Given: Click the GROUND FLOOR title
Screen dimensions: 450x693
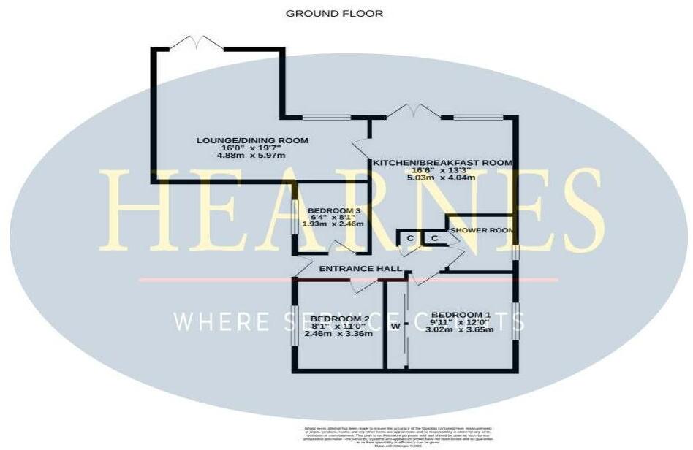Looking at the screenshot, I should pyautogui.click(x=334, y=13).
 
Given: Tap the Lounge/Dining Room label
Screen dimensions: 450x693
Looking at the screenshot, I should pyautogui.click(x=252, y=140).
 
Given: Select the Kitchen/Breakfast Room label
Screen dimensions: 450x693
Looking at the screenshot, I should pyautogui.click(x=442, y=162).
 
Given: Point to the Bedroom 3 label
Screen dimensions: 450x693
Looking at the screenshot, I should pyautogui.click(x=334, y=212).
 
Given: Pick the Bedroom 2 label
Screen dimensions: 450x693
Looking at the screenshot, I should pyautogui.click(x=339, y=319).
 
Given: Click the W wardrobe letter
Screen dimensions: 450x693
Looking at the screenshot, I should pyautogui.click(x=395, y=327).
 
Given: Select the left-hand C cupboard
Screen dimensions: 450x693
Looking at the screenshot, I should pyautogui.click(x=410, y=238).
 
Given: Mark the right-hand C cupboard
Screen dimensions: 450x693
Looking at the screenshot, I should pyautogui.click(x=433, y=238).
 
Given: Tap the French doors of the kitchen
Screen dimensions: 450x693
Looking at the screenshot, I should pyautogui.click(x=413, y=111).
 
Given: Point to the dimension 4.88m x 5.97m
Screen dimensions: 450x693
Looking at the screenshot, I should pyautogui.click(x=251, y=156).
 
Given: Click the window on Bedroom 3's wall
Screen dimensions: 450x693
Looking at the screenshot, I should pyautogui.click(x=295, y=217).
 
